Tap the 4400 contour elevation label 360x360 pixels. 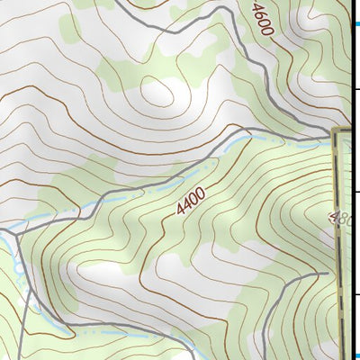[x=192, y=201]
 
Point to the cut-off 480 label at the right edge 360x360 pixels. [x=341, y=219]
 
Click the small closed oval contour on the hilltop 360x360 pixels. [x=161, y=90]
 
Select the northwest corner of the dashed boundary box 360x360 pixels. [x=334, y=132]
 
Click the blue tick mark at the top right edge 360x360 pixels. [x=356, y=24]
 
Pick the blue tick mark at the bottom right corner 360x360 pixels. [x=356, y=355]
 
